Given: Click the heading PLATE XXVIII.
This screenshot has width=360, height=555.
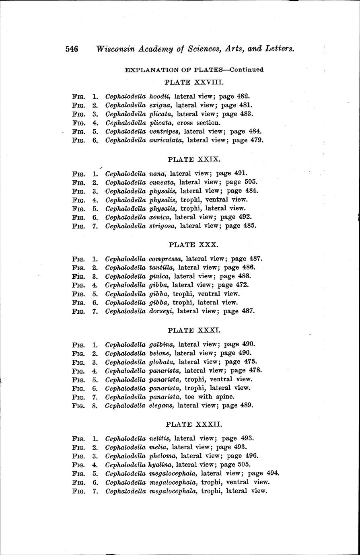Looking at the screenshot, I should [x=194, y=82].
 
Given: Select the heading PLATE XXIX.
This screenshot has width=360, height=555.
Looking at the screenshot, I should [x=194, y=159].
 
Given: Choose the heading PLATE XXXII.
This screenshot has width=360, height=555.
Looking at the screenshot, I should [x=194, y=424].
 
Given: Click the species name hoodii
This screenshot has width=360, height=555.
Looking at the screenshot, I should [x=160, y=97].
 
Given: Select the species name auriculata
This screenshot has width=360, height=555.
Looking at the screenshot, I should [x=166, y=140].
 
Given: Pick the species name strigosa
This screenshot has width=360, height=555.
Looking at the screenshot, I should [x=163, y=226].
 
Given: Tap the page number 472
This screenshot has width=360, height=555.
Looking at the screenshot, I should [x=241, y=285].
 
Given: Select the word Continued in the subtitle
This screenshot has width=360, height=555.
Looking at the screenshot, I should [x=247, y=69].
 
